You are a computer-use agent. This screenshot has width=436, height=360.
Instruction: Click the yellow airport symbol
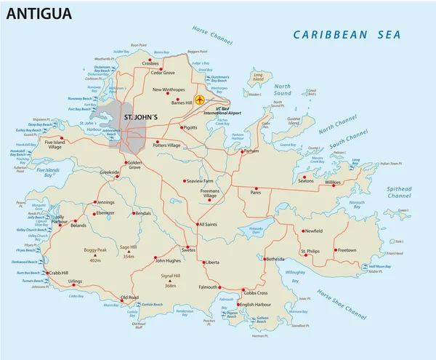[200, 100]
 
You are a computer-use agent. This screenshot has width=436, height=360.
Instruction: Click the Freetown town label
[347, 250]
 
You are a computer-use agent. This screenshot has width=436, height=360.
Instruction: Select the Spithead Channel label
[399, 192]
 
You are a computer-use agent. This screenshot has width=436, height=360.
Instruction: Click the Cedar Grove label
[162, 73]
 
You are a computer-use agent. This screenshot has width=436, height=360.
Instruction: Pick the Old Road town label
[129, 297]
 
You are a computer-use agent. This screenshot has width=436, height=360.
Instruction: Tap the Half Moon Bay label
[380, 267]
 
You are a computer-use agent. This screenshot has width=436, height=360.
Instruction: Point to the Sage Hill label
[129, 248]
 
